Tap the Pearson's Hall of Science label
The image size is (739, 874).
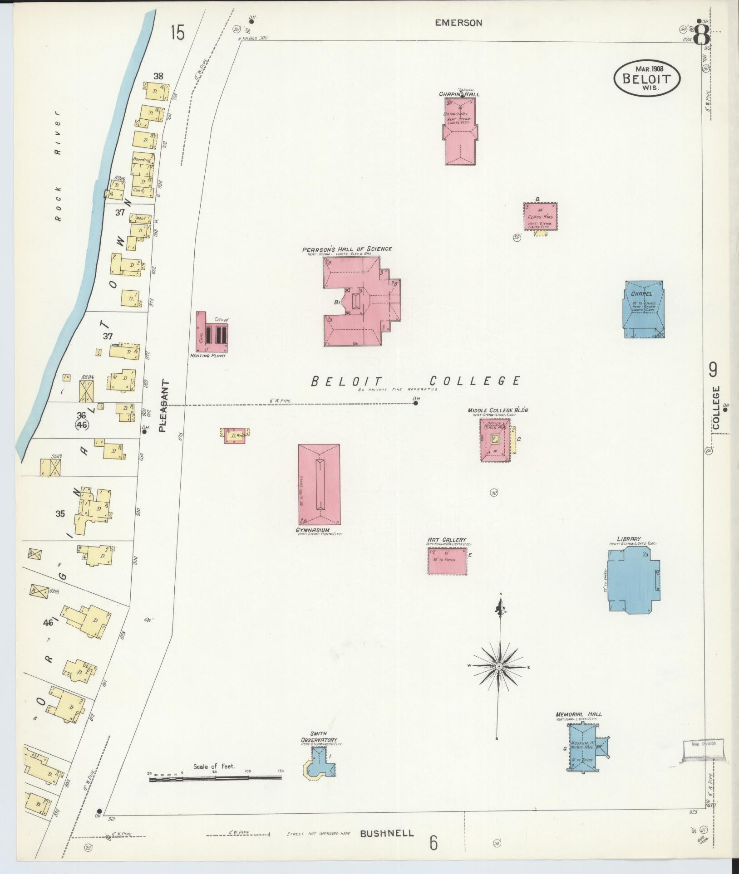347,249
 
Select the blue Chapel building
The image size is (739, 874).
644,308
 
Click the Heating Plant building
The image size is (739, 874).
212,332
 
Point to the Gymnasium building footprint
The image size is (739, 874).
319,484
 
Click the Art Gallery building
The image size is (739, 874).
447,561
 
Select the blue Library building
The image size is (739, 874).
633,580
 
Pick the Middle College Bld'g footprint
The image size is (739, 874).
495,439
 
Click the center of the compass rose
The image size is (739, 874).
498,666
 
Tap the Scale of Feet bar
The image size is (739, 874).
215,778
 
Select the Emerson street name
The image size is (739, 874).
458,23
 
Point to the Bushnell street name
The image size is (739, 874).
387,833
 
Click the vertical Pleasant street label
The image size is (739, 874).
164,405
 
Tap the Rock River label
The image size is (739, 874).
57,166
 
